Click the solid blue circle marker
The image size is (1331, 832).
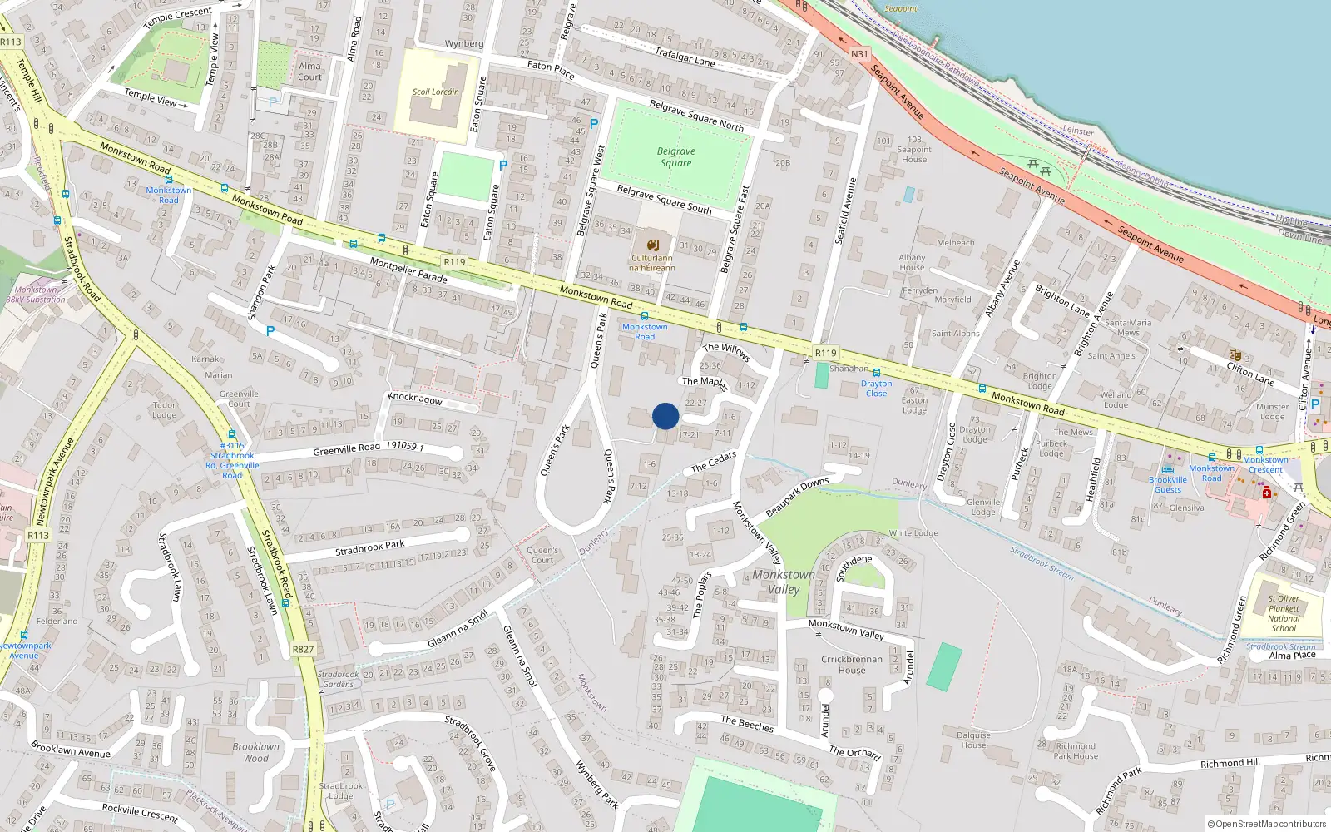coord(665,416)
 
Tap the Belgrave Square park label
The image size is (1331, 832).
coord(675,157)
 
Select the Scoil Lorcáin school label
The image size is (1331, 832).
coord(436,92)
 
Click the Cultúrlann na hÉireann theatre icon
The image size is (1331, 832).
coord(653,245)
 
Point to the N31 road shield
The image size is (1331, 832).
coord(859,54)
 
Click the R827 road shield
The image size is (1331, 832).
coord(304,650)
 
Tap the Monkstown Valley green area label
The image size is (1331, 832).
coord(784,582)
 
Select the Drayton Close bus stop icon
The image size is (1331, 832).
coord(877,373)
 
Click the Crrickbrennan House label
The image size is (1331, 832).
coord(851,664)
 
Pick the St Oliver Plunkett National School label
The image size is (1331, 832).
coord(1284,613)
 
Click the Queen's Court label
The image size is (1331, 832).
coord(542,555)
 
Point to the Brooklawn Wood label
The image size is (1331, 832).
coord(256,752)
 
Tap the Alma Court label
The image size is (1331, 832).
coord(309,72)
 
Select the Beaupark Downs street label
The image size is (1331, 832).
coord(797,498)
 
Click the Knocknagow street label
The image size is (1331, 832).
coord(415,399)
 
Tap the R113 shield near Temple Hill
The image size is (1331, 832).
coord(11,42)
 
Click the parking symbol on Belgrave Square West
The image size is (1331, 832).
coord(593,124)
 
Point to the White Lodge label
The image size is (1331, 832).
coord(913,533)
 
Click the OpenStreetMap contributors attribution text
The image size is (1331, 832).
coord(1270,824)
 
